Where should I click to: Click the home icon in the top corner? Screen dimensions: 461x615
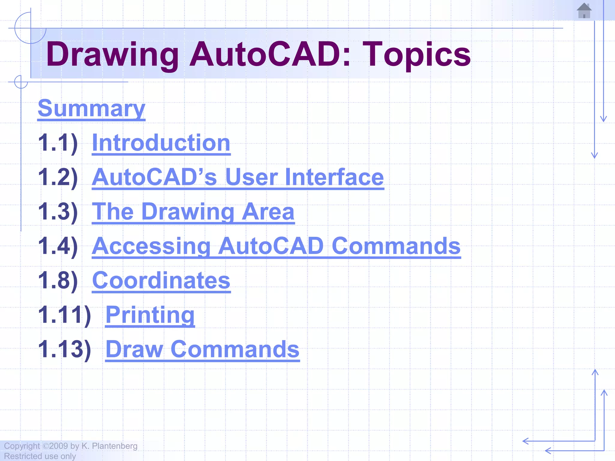(x=584, y=11)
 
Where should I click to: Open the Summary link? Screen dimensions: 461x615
(x=91, y=108)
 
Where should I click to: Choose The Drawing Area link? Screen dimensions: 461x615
(x=193, y=212)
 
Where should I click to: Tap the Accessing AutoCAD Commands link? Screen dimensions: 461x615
(x=276, y=246)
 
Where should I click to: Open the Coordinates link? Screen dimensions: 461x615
(x=161, y=280)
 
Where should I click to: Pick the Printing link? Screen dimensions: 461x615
(x=150, y=315)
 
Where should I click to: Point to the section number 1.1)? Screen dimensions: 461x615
(x=58, y=143)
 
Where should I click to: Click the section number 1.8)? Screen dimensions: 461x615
(x=58, y=280)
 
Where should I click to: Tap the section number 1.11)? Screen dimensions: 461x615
(x=65, y=315)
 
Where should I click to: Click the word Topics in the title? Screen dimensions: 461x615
(x=417, y=55)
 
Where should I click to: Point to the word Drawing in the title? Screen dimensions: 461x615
(x=112, y=55)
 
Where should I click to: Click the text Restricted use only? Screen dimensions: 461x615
(x=40, y=456)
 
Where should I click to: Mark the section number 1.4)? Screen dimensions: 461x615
(x=58, y=246)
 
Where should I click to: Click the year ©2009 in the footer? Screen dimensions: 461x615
(x=55, y=446)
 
